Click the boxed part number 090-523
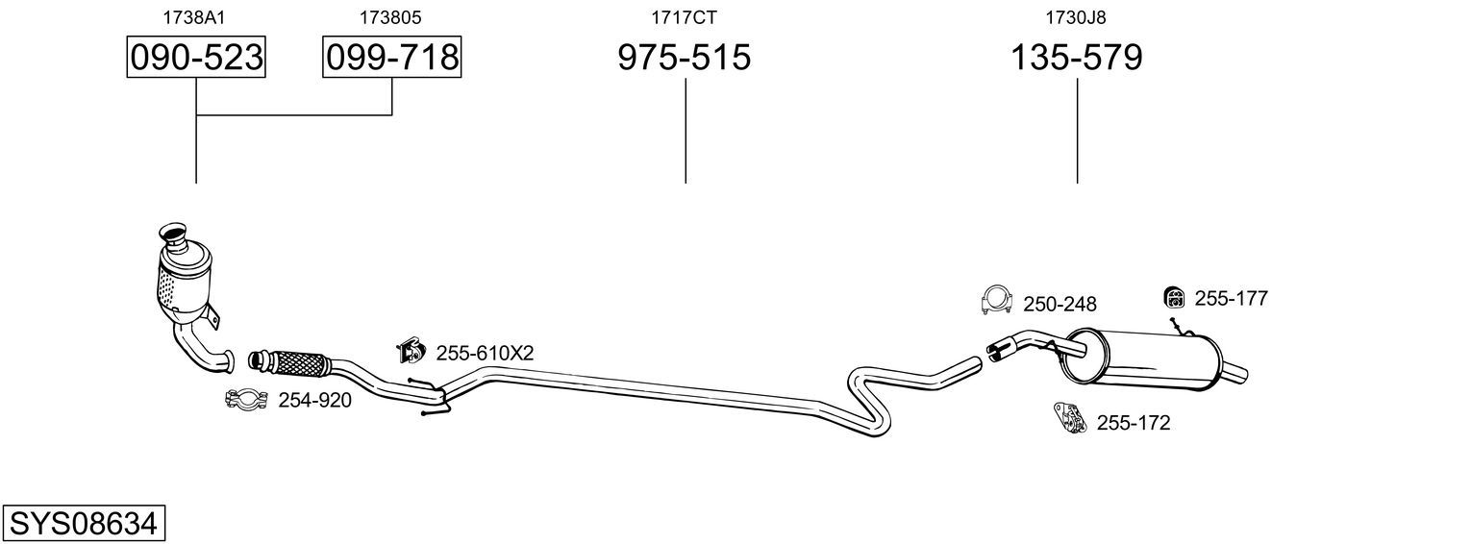pyautogui.click(x=196, y=57)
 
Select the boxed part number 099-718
pyautogui.click(x=392, y=57)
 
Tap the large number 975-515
pyautogui.click(x=684, y=57)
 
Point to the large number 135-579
pyautogui.click(x=1076, y=57)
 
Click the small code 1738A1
pyautogui.click(x=193, y=17)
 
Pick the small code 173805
pyautogui.click(x=390, y=17)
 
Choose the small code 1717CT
pyautogui.click(x=684, y=17)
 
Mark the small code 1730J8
pyautogui.click(x=1076, y=17)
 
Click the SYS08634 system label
pyautogui.click(x=84, y=524)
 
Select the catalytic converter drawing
pyautogui.click(x=187, y=288)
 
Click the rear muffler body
pyautogui.click(x=1142, y=359)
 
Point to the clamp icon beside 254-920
pyautogui.click(x=246, y=399)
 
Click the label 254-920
pyautogui.click(x=315, y=400)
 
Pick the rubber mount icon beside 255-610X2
pyautogui.click(x=411, y=351)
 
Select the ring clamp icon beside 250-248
pyautogui.click(x=996, y=300)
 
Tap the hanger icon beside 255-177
pyautogui.click(x=1174, y=297)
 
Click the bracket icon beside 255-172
pyautogui.click(x=1070, y=419)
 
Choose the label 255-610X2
pyautogui.click(x=485, y=353)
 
